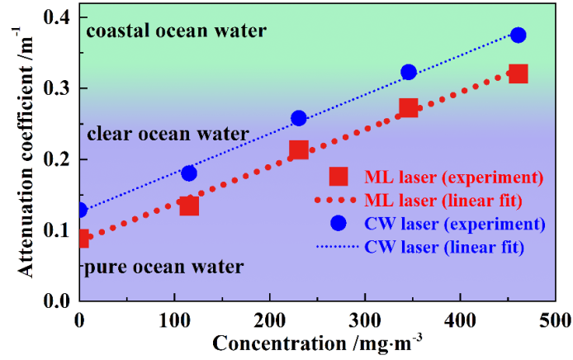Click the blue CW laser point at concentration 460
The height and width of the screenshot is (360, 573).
click(x=518, y=35)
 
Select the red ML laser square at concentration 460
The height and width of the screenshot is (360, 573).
click(x=518, y=74)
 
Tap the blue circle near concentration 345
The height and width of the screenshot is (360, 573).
click(x=409, y=73)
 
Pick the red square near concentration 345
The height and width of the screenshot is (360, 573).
click(x=409, y=107)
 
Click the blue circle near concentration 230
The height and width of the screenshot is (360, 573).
click(x=299, y=118)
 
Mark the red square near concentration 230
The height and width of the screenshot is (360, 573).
click(x=299, y=149)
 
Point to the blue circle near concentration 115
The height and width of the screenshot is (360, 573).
click(x=189, y=173)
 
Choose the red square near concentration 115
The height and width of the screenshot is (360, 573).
click(x=189, y=206)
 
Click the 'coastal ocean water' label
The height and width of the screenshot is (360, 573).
click(x=177, y=31)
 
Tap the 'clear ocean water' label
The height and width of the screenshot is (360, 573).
click(x=168, y=134)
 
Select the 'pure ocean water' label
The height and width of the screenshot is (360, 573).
click(x=163, y=268)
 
